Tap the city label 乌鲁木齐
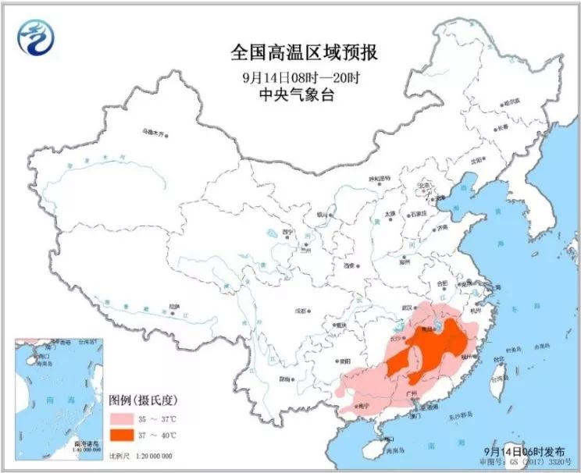click(x=154, y=133)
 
